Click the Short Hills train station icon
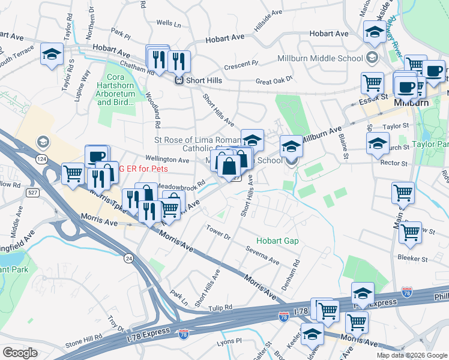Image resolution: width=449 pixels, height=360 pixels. coord(178,80)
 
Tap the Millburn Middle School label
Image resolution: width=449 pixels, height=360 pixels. coord(320,58)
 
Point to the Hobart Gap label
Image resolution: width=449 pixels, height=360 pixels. coord(277,241)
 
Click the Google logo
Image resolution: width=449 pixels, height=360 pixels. coord(20,353)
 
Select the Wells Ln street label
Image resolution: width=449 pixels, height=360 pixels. coord(168,23)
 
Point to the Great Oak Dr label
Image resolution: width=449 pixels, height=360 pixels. coord(273,79)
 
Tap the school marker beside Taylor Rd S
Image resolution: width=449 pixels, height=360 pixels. coord(52,54)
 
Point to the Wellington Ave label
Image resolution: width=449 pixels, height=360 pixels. coord(167,160)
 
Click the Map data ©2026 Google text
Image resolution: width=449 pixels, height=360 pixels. coord(411,355)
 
